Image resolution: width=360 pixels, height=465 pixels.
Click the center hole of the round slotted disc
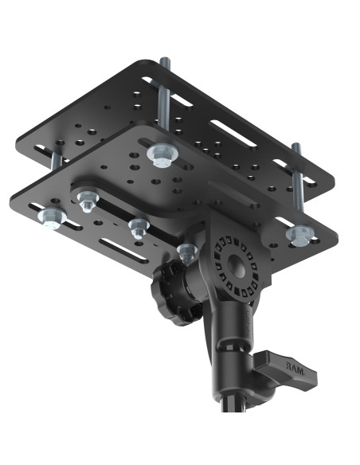pyautogui.click(x=237, y=262)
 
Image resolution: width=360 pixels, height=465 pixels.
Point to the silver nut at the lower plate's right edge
pyautogui.click(x=299, y=235)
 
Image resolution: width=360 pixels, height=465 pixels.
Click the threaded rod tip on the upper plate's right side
pyautogui.click(x=295, y=148)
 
